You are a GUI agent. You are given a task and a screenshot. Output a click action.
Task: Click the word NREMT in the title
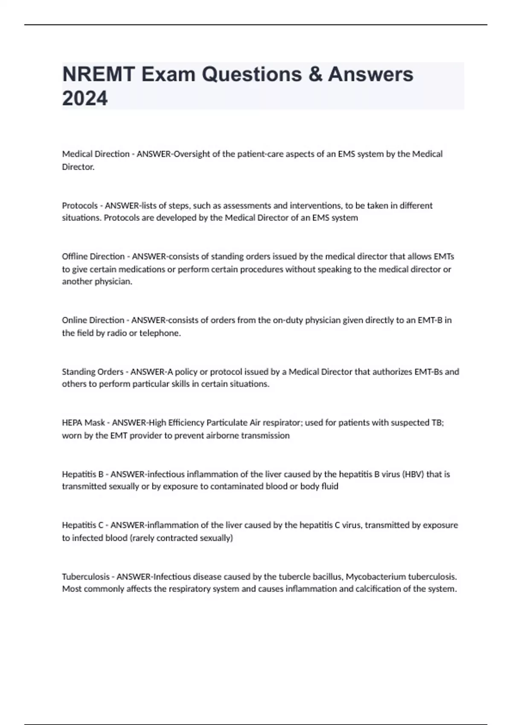[x=98, y=75]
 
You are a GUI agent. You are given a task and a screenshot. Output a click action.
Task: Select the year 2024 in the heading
[x=85, y=99]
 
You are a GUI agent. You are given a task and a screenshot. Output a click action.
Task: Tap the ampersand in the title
[x=314, y=75]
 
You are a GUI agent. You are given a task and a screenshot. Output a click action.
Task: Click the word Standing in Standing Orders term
[x=77, y=371]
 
